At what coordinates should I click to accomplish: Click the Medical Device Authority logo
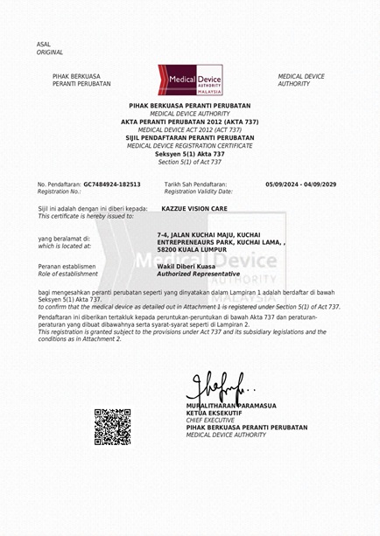point(190,80)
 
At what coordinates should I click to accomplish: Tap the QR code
point(112,426)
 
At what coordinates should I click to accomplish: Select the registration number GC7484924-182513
point(112,184)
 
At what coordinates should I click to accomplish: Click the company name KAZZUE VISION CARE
point(194,209)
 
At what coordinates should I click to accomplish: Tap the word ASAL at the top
point(44,45)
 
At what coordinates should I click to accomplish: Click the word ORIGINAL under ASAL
point(50,52)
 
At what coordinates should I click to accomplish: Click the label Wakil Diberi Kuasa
point(186,266)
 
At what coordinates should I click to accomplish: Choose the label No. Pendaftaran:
point(59,184)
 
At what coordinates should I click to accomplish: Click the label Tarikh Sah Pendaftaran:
point(195,184)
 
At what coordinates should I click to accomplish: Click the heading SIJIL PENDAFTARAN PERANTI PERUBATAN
point(190,137)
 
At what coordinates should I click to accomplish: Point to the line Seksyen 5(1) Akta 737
point(190,154)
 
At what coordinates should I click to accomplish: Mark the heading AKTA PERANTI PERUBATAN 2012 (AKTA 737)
point(190,122)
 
